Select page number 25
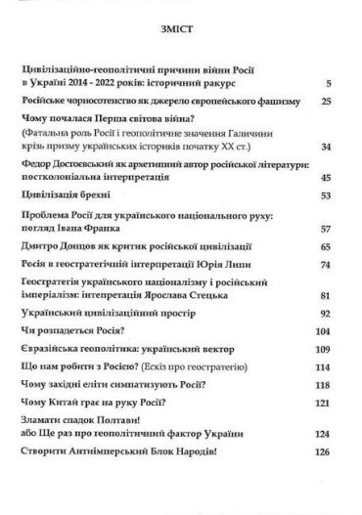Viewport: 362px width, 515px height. pyautogui.click(x=328, y=102)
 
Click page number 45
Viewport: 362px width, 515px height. pyautogui.click(x=328, y=178)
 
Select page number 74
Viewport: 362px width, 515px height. pyautogui.click(x=328, y=264)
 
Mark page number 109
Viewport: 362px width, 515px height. pyautogui.click(x=326, y=350)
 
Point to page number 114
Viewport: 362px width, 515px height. pyautogui.click(x=326, y=366)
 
